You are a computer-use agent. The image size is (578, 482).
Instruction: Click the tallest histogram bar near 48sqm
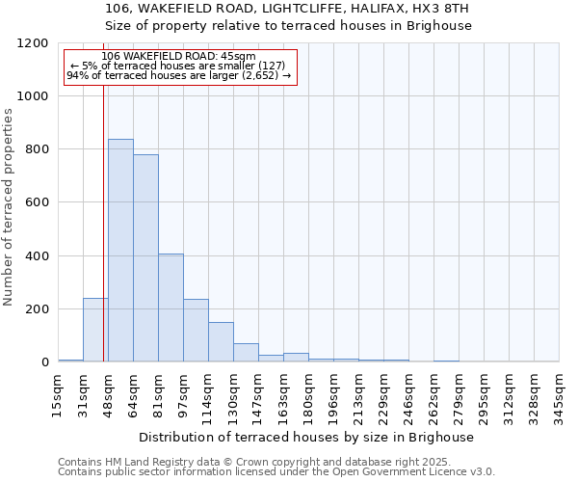click(x=120, y=251)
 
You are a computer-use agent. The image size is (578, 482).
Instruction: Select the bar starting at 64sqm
click(x=145, y=258)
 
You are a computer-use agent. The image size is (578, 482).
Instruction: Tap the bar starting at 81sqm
click(x=171, y=308)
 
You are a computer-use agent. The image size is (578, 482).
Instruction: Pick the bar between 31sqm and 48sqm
click(x=95, y=330)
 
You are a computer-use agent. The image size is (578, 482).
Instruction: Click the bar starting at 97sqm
click(x=196, y=331)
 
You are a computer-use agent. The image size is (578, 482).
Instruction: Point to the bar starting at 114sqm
click(x=221, y=342)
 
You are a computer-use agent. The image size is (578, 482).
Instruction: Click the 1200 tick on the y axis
click(x=32, y=43)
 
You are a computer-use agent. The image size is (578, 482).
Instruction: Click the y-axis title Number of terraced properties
click(x=9, y=207)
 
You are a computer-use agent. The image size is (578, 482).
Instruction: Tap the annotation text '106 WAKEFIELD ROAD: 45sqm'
click(x=178, y=57)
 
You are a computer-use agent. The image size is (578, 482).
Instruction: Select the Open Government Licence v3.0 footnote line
click(x=276, y=471)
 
